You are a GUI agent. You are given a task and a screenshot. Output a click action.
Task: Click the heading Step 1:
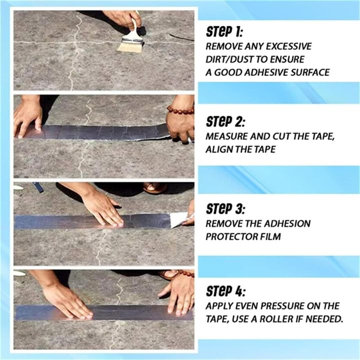224,31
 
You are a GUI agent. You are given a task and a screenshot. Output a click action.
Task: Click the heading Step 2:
225,121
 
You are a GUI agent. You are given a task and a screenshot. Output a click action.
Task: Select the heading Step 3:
225,208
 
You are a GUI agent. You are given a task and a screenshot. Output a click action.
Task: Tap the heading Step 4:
225,291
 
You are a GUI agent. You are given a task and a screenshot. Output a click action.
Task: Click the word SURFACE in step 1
310,72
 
